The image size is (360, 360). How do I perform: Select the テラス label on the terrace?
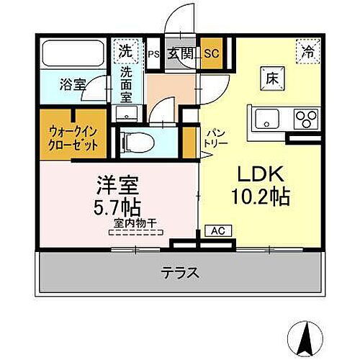coord(179,273)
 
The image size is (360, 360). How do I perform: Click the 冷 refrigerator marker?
coord(307,52)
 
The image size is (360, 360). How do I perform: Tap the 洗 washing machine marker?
coord(126,51)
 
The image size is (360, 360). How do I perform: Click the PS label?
coord(153,53)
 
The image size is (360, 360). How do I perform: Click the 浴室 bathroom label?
coord(73,84)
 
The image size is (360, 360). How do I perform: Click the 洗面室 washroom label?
coord(127,84)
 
